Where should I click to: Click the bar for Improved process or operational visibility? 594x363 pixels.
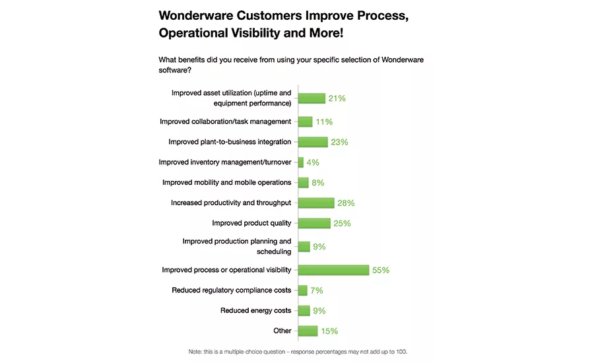click(x=333, y=270)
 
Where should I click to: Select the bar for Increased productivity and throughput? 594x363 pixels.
click(x=316, y=203)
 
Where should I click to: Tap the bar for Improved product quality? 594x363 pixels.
click(x=314, y=223)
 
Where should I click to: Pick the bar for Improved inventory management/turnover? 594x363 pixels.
click(x=301, y=162)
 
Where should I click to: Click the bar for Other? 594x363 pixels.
click(x=308, y=331)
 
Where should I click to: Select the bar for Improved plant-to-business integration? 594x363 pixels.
click(x=313, y=142)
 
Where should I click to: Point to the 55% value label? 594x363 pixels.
click(x=381, y=271)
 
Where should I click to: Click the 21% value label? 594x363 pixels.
click(x=337, y=98)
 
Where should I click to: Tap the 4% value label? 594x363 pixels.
click(x=313, y=162)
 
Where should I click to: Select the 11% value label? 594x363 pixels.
click(x=324, y=122)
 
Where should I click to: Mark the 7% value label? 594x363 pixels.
click(x=316, y=290)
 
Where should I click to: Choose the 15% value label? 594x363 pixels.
click(x=329, y=331)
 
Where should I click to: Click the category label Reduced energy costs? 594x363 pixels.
click(x=255, y=310)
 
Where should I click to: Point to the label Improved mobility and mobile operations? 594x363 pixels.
click(x=226, y=182)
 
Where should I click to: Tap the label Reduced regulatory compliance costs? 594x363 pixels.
click(x=231, y=290)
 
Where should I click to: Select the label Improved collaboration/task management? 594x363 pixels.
click(x=225, y=121)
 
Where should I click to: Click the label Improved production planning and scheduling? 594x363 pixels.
click(x=236, y=246)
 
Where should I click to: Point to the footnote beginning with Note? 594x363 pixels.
click(x=297, y=352)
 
